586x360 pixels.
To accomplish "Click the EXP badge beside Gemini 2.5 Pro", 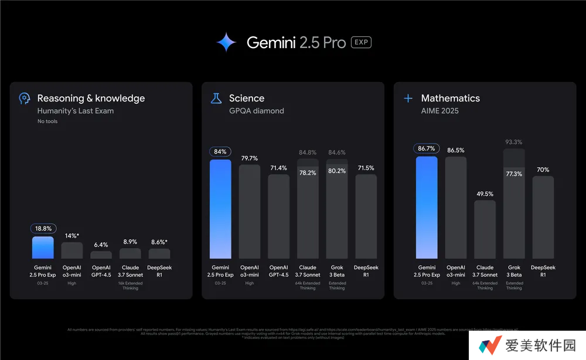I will point(361,42).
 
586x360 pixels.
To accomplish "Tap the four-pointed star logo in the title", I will point(226,42).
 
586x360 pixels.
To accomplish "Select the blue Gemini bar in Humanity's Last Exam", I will point(43,247).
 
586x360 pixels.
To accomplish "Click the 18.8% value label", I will point(43,229).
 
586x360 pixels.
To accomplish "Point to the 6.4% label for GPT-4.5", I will point(101,244).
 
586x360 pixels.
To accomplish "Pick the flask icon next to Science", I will point(216,99).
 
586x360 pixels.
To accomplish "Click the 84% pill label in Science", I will point(220,152).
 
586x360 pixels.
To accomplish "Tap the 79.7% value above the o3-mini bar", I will point(250,158).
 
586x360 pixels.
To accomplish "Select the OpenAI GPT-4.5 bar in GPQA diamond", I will point(278,217).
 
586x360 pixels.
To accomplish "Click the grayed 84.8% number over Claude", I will point(308,153).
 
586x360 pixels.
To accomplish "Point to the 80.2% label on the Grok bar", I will point(337,171).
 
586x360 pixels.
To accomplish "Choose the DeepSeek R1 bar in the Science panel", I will point(366,217).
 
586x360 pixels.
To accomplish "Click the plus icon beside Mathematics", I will point(408,99).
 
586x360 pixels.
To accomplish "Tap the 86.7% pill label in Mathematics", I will point(427,149).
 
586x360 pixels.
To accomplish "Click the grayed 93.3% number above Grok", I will point(514,142).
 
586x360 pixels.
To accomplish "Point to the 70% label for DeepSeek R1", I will point(543,169).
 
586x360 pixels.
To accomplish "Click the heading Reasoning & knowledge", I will point(91,99).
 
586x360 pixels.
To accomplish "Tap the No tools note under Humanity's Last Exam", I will point(47,121).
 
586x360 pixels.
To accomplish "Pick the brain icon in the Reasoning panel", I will point(24,99).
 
